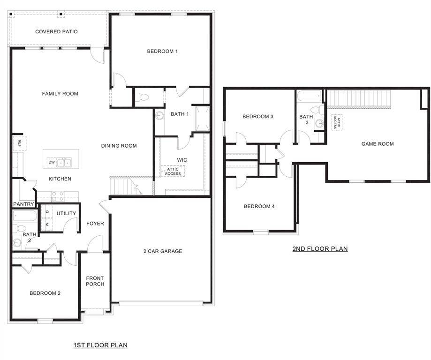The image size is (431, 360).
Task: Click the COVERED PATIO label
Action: (x=56, y=32)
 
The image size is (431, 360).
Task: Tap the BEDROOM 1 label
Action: (x=162, y=52)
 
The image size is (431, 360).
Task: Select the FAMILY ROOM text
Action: (x=60, y=94)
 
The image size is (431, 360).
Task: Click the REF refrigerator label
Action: (x=20, y=142)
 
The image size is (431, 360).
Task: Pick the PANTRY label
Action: (x=23, y=204)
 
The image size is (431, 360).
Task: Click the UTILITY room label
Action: (x=66, y=214)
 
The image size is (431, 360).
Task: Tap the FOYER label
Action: (x=95, y=224)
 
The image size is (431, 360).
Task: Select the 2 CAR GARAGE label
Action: (x=163, y=252)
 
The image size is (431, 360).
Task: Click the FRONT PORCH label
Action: (x=95, y=281)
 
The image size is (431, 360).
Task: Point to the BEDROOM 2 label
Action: (x=45, y=293)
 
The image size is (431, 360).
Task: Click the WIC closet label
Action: (x=182, y=160)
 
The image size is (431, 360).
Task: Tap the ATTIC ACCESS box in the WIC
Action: (x=173, y=172)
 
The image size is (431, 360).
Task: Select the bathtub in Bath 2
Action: (x=25, y=217)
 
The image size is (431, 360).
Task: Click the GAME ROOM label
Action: (x=378, y=144)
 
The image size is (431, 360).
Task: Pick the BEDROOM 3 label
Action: (x=258, y=117)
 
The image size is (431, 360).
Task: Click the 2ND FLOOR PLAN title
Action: (x=320, y=249)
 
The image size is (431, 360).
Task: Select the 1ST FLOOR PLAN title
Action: (x=100, y=345)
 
